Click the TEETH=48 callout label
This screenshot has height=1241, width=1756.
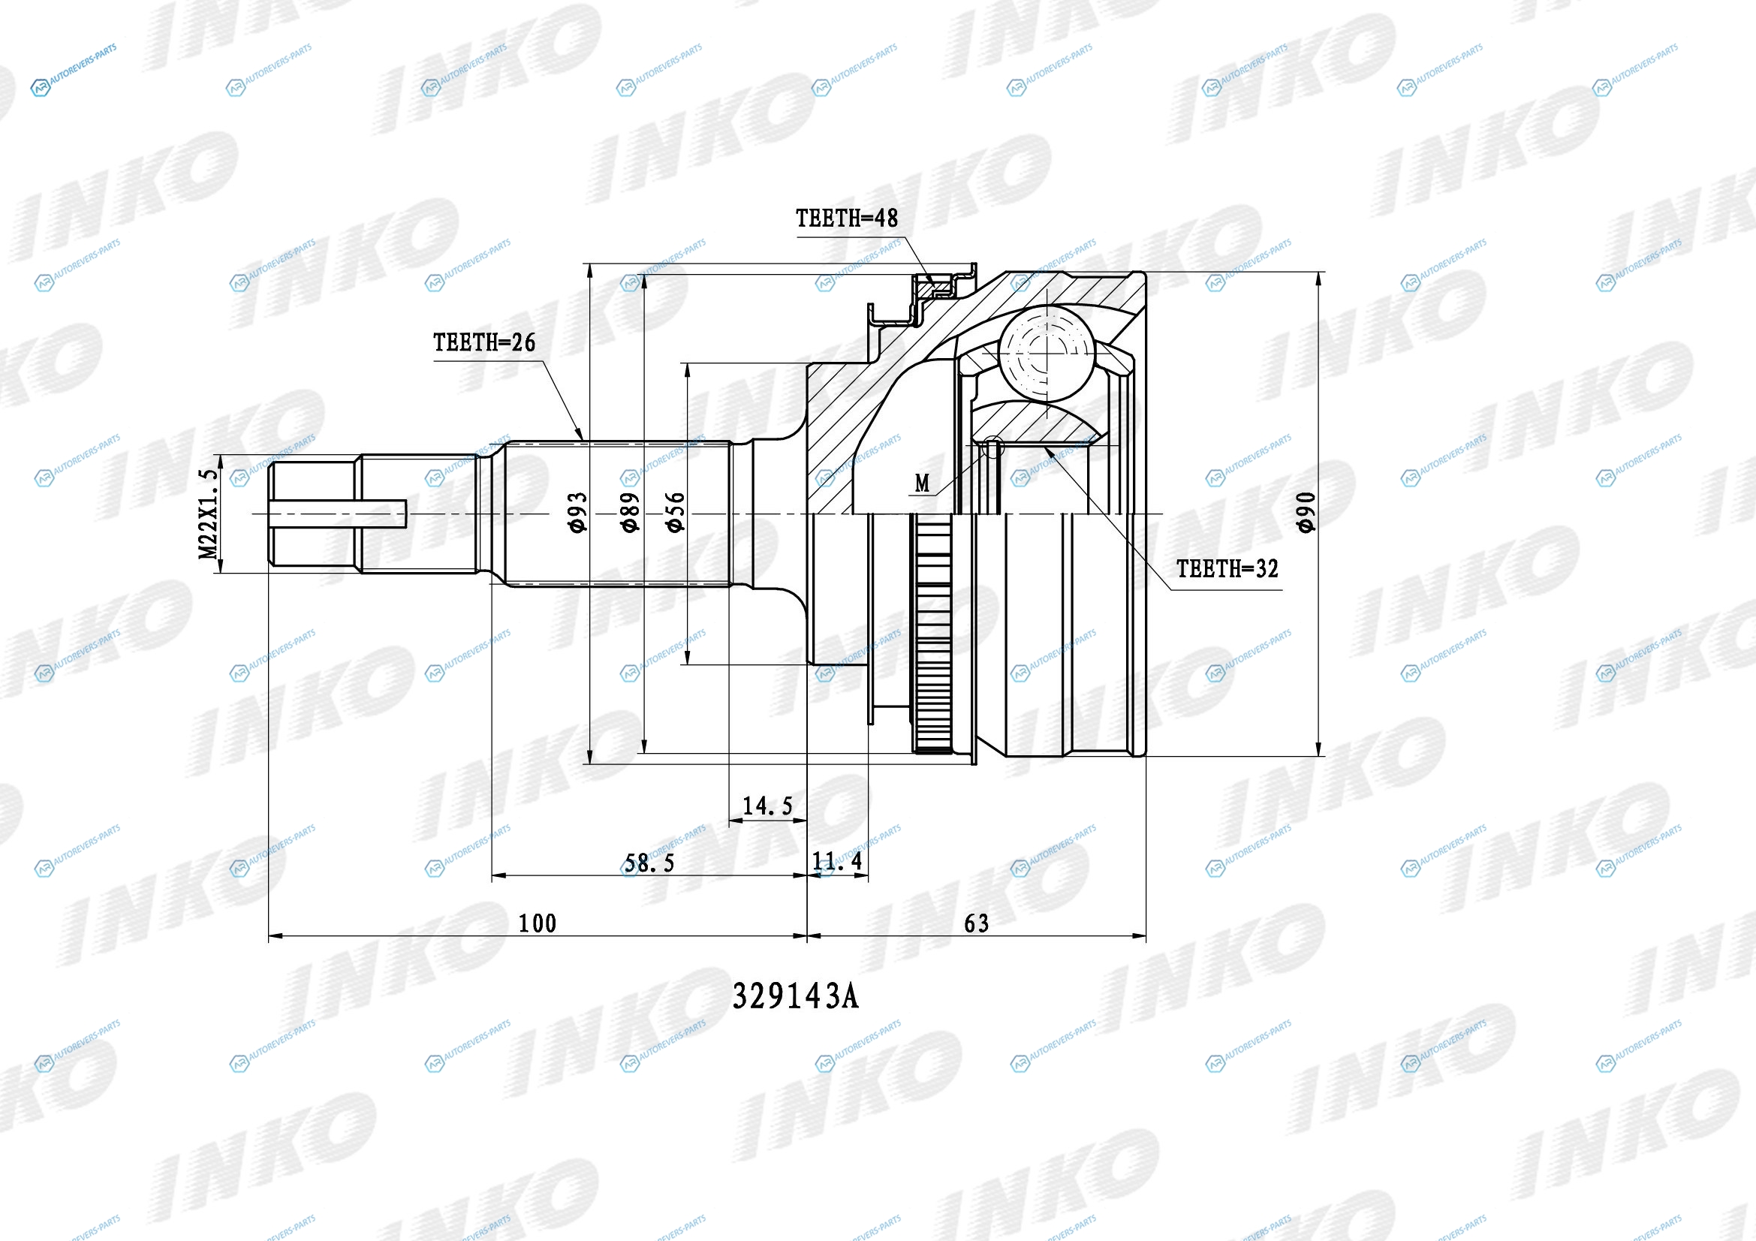(847, 218)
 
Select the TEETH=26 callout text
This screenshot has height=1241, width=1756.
(484, 342)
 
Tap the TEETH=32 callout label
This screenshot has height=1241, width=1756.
(1227, 569)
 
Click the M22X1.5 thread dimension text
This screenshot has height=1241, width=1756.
(209, 514)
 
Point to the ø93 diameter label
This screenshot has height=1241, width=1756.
(578, 511)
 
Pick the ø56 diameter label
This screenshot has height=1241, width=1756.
(676, 511)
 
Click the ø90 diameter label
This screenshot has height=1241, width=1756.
(1306, 511)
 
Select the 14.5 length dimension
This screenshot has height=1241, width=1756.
(768, 806)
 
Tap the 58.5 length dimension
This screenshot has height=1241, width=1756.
(649, 864)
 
